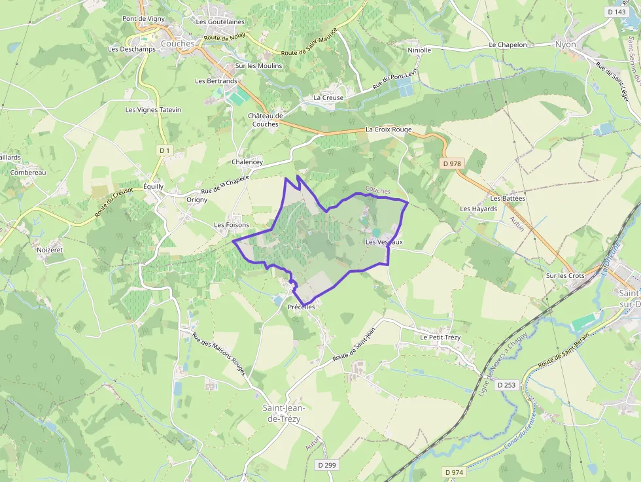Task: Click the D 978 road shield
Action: tap(452, 164)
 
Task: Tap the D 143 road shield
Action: tap(616, 12)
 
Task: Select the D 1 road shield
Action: tap(164, 151)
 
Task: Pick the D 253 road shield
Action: tap(507, 385)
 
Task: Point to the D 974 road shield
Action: tap(453, 472)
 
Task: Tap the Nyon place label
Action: tap(565, 44)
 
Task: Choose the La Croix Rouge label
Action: tap(389, 129)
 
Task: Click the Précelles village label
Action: tap(302, 307)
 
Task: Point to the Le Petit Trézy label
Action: tap(441, 337)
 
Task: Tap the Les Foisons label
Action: tap(232, 225)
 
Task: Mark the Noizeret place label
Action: tap(50, 249)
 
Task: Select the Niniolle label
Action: tap(419, 50)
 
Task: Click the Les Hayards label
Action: tap(478, 209)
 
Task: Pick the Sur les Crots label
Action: tap(565, 276)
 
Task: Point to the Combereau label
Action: tap(28, 173)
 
